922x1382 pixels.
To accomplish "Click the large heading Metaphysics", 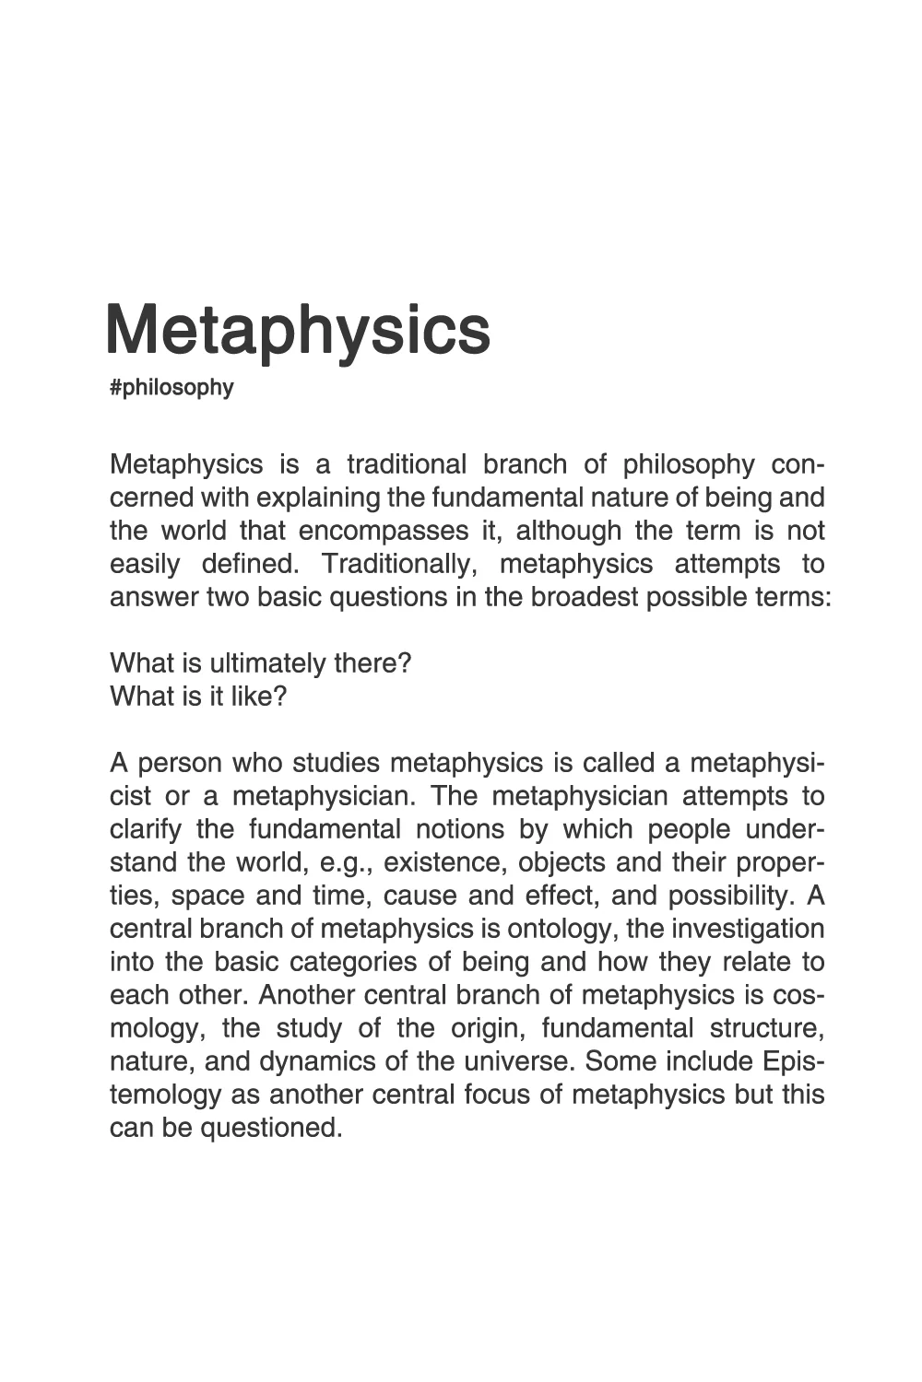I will click(x=298, y=330).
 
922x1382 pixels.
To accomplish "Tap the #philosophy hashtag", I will click(x=171, y=388).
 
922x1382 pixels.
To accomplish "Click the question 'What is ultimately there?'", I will click(x=260, y=664).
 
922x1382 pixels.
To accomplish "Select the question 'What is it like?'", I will click(x=198, y=697).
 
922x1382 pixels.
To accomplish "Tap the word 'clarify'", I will click(x=146, y=830).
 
